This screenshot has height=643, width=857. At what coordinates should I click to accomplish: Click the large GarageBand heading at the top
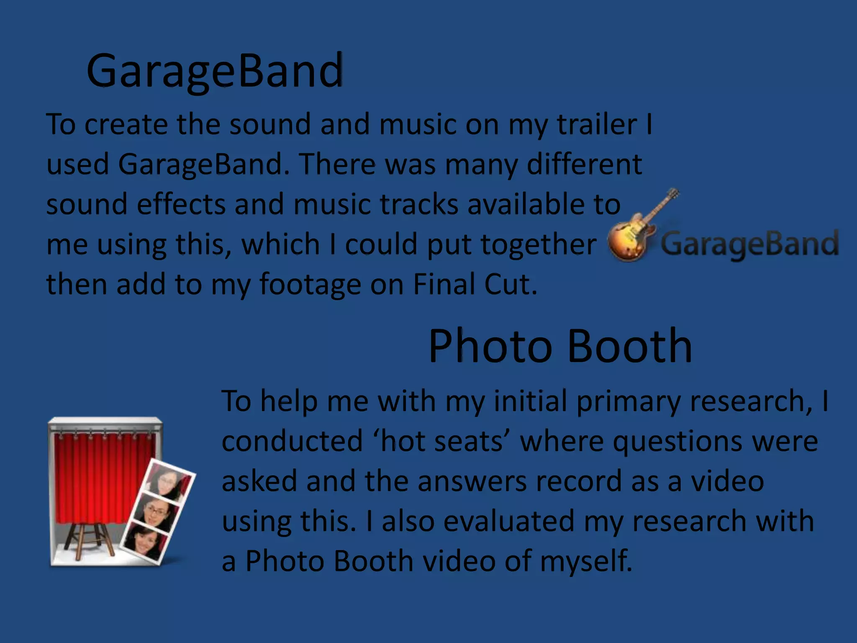pos(215,71)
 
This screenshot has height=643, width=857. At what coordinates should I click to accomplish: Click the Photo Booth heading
pos(560,346)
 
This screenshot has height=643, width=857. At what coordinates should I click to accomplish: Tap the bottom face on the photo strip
pos(144,540)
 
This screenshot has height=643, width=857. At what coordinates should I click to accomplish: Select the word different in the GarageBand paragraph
pos(584,164)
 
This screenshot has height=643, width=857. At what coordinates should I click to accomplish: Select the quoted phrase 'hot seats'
pos(441,441)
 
